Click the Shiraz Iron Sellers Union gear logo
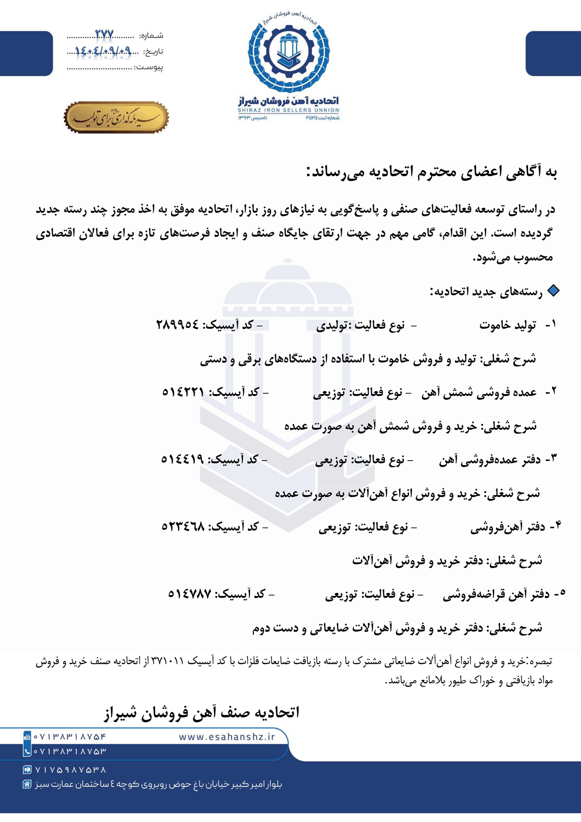[289, 52]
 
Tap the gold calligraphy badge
[116, 117]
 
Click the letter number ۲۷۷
[104, 35]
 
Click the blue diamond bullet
[553, 291]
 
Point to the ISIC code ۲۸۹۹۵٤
[177, 325]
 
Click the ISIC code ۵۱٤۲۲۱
[183, 392]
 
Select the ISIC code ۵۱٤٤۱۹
[182, 459]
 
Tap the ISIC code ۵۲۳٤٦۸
[183, 527]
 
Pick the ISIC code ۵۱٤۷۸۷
[190, 594]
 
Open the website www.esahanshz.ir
[227, 737]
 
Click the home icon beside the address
[27, 785]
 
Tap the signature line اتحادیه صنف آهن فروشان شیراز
[201, 712]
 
